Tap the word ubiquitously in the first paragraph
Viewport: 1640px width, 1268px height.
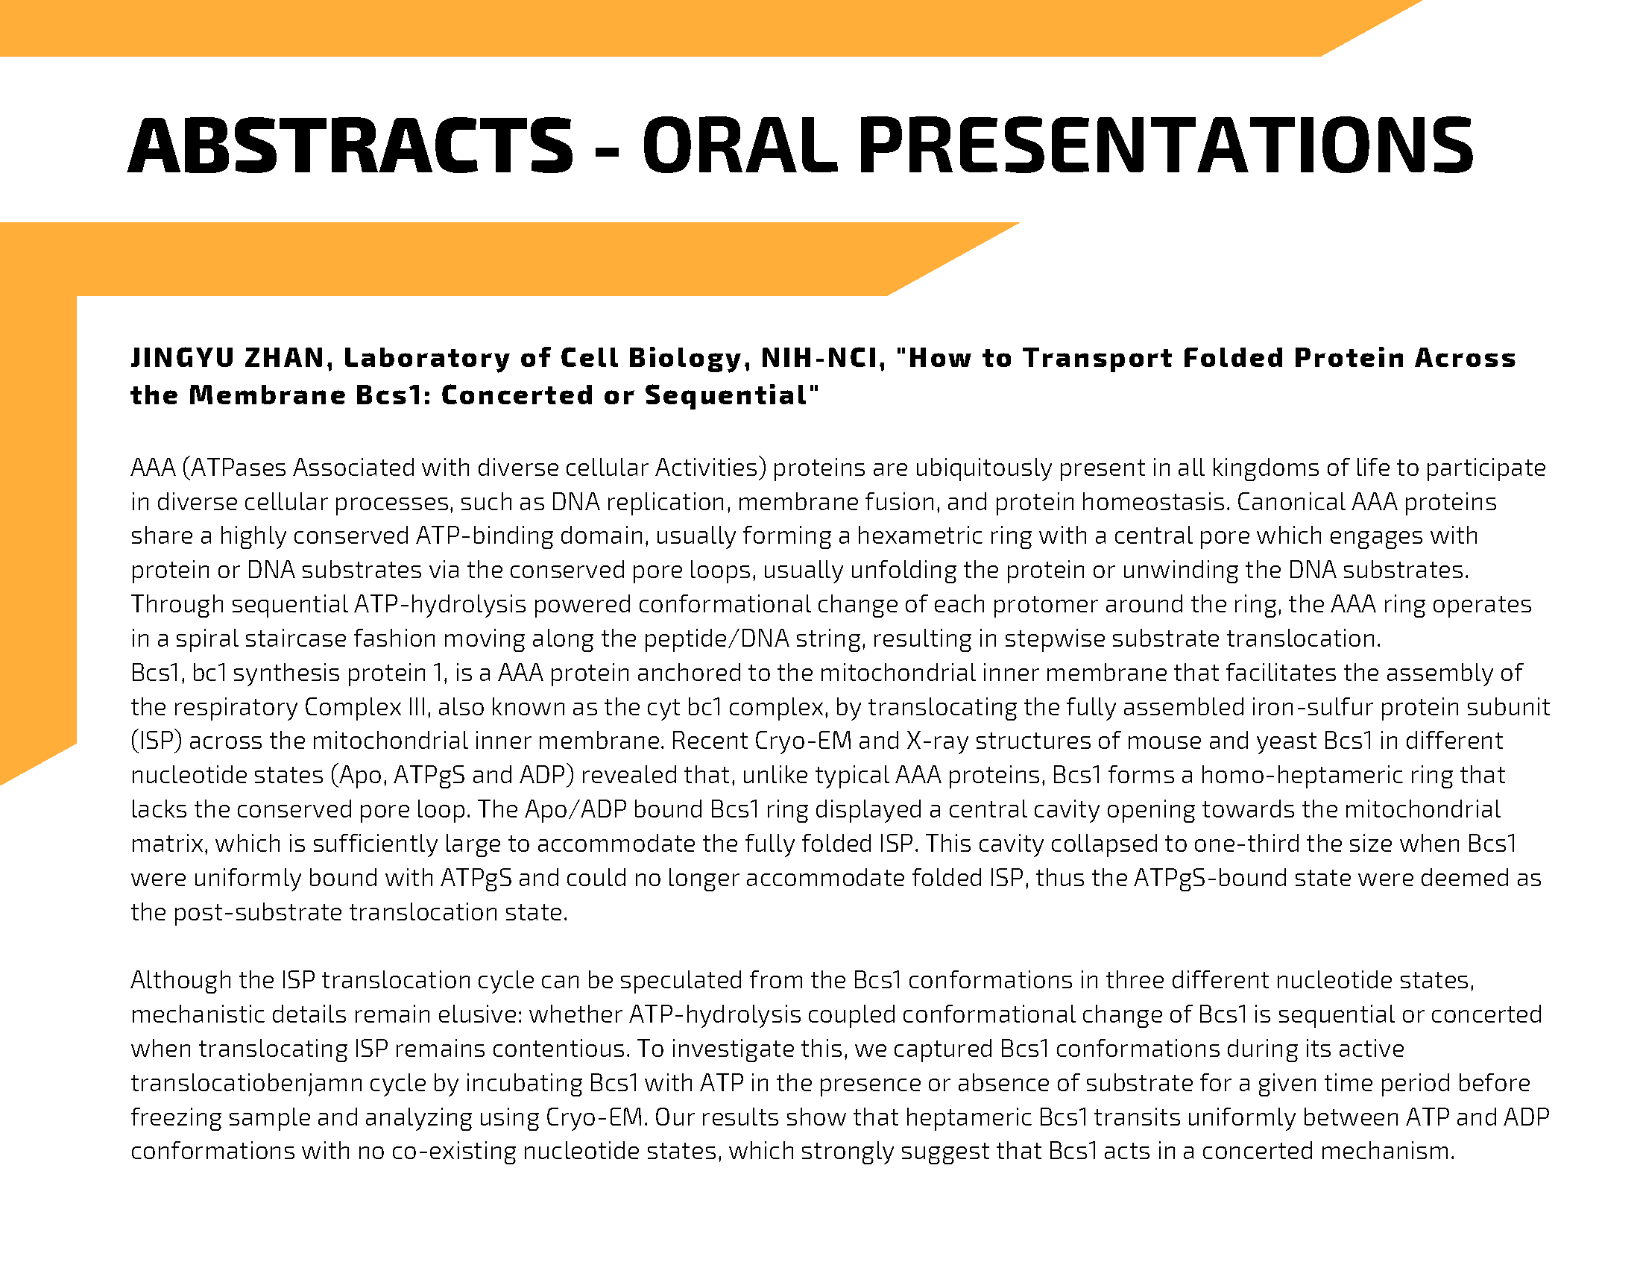[984, 468]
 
